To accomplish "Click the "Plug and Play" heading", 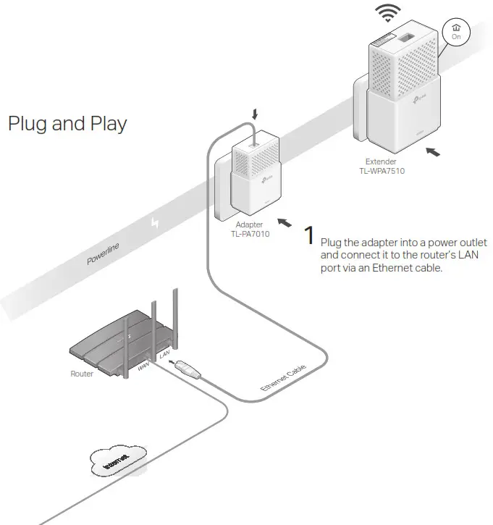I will point(67,123).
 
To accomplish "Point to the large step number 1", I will point(308,236).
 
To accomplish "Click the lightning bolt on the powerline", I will point(153,222).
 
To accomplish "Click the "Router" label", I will point(81,374).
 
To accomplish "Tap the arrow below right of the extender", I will point(432,153).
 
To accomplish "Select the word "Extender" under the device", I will point(381,162).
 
